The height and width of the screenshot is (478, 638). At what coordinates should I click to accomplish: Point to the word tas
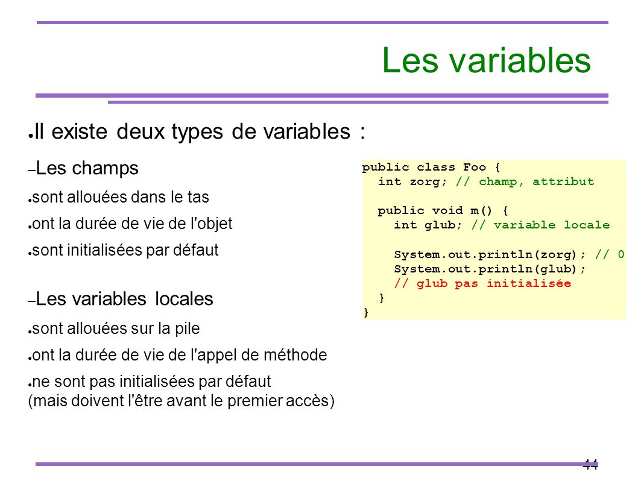pyautogui.click(x=198, y=197)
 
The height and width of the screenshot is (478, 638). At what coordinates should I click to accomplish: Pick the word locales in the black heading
pyautogui.click(x=184, y=299)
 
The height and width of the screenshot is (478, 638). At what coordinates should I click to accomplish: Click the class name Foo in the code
pyautogui.click(x=475, y=167)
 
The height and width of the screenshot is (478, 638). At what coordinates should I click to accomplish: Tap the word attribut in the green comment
pyautogui.click(x=563, y=181)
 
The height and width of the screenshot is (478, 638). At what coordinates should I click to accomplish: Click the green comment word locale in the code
pyautogui.click(x=587, y=225)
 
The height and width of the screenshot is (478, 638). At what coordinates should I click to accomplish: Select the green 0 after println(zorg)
pyautogui.click(x=621, y=254)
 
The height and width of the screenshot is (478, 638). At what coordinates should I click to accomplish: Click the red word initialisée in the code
pyautogui.click(x=529, y=283)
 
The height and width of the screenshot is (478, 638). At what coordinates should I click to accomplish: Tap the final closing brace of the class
pyautogui.click(x=366, y=312)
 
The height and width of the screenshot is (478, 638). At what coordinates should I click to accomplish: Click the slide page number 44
pyautogui.click(x=590, y=464)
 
